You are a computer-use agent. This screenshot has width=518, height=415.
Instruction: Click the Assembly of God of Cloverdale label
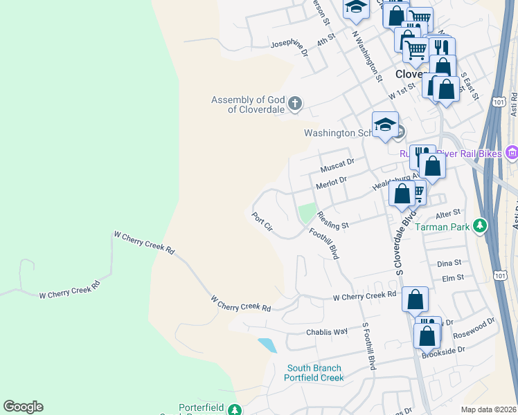(247, 105)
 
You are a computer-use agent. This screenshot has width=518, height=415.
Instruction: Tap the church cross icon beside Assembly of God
(295, 104)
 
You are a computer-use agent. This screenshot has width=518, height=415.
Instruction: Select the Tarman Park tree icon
(479, 225)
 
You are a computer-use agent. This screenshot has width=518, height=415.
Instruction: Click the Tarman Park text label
(445, 226)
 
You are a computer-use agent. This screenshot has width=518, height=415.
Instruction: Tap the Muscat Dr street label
(337, 165)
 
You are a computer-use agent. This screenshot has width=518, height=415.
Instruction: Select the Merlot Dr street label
(331, 182)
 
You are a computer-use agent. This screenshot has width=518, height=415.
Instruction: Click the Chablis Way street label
(327, 331)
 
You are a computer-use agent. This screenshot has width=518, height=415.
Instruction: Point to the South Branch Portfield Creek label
(314, 373)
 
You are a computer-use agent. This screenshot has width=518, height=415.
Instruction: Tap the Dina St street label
(449, 264)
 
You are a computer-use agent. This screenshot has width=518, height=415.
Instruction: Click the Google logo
(23, 407)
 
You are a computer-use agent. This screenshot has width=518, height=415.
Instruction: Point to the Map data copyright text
(488, 409)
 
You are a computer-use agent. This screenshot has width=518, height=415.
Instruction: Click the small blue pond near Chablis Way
(267, 344)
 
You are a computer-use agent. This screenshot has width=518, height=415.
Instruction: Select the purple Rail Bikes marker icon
(512, 152)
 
